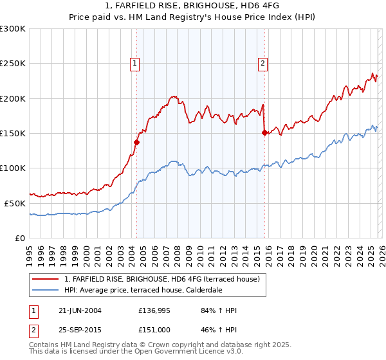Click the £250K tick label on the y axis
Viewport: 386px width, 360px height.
[12, 64]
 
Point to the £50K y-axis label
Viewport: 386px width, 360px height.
[15, 203]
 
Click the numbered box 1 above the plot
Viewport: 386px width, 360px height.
[135, 63]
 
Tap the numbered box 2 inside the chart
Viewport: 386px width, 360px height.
[264, 63]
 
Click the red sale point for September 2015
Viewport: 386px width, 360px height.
[264, 132]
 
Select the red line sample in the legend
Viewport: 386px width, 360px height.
[46, 279]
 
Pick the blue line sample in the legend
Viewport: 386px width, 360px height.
[46, 290]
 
